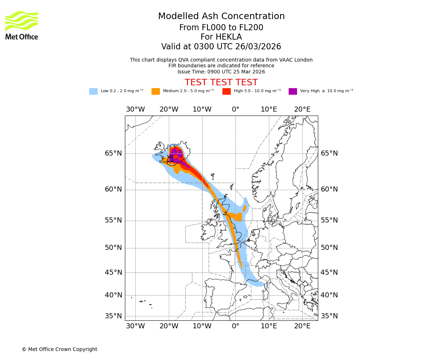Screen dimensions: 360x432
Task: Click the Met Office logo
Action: [22, 25]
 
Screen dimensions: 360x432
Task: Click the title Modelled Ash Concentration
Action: [221, 17]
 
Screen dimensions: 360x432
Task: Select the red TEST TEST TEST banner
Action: [221, 82]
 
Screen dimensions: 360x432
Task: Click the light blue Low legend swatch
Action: [93, 91]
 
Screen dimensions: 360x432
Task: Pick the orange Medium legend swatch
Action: [156, 91]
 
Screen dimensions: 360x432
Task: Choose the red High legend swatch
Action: [226, 91]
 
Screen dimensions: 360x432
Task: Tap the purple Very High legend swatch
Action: [293, 91]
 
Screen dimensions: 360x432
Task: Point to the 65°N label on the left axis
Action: [113, 153]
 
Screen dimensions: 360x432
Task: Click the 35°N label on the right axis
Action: [329, 316]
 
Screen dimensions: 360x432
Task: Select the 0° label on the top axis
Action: [235, 109]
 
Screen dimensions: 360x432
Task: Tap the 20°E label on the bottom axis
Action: [302, 326]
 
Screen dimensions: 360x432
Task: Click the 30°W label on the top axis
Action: [135, 109]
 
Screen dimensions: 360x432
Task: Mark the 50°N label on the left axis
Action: [113, 248]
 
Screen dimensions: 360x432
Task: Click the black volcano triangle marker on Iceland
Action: [170, 159]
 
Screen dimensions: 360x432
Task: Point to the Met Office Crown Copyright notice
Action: [59, 349]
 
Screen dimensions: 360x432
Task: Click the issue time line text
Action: [221, 72]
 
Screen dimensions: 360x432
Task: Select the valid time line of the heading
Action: [221, 47]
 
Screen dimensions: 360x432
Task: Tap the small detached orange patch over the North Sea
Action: [244, 208]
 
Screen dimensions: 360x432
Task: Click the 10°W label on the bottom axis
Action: [202, 326]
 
